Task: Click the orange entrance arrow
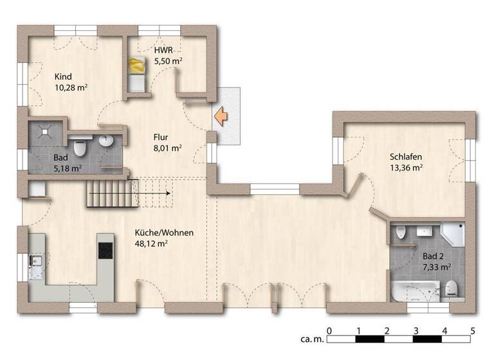click(x=221, y=116)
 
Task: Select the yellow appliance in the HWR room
click(x=136, y=66)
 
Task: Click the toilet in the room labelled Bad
click(x=80, y=148)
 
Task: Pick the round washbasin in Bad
click(x=106, y=141)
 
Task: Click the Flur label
click(x=161, y=136)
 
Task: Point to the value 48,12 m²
click(x=151, y=244)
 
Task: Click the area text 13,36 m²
click(x=406, y=168)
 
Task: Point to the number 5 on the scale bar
click(x=473, y=330)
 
